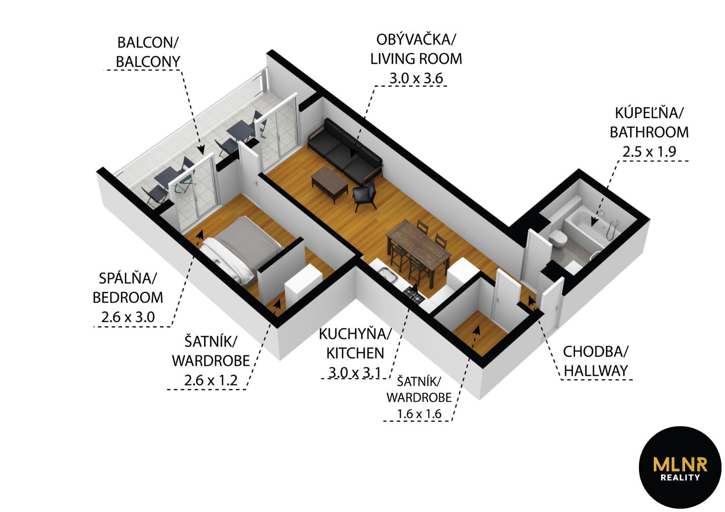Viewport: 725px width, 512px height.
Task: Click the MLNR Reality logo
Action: coord(680,467)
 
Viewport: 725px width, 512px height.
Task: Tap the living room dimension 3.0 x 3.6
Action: coord(416,79)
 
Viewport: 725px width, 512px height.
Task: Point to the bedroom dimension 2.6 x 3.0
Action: coord(128,317)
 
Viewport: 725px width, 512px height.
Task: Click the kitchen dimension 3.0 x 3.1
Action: coord(355,373)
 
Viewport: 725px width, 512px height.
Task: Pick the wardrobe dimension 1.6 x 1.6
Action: coord(419,414)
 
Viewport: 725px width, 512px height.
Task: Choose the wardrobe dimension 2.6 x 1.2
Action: coord(211,380)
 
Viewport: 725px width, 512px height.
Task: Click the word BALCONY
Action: coord(148,62)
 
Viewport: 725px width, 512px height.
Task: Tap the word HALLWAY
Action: coord(595,371)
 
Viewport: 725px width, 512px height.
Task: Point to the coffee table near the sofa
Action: coord(330,184)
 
